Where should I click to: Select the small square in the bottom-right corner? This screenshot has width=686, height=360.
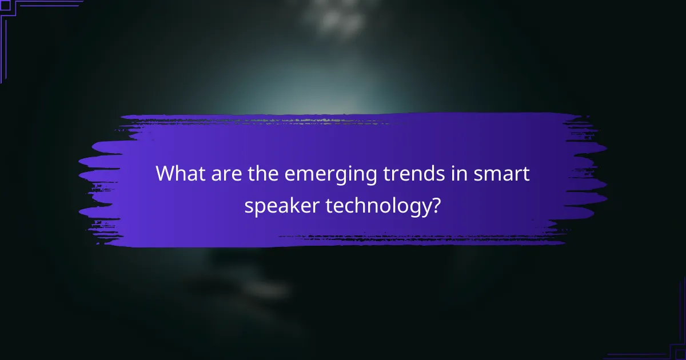click(681, 355)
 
